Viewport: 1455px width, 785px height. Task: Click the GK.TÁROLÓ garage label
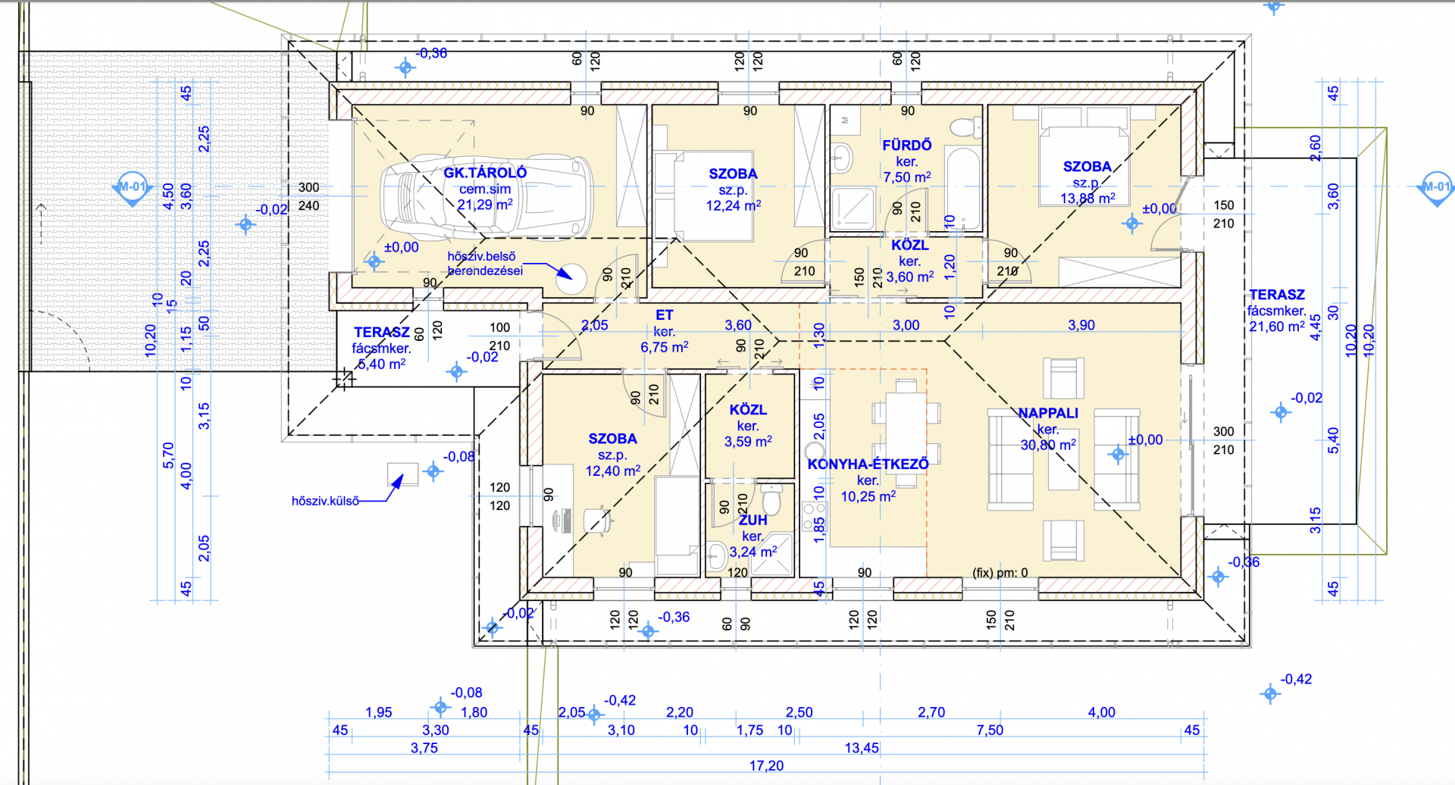pos(485,173)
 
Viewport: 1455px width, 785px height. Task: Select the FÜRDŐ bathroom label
pos(907,145)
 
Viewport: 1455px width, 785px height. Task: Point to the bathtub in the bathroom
pos(963,189)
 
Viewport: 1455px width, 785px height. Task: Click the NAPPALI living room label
pos(1048,413)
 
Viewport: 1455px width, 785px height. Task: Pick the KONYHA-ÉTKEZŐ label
pos(868,464)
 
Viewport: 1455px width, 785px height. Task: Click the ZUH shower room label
pos(753,520)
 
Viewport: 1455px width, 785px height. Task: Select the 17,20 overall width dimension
pos(766,765)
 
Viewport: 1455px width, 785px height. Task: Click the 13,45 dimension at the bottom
pos(862,748)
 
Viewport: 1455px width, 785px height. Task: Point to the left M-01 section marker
pos(132,187)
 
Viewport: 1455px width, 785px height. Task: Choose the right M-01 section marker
pos(1435,187)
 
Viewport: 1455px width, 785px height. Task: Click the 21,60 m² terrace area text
pos(1277,327)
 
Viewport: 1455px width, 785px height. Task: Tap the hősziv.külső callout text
pos(325,501)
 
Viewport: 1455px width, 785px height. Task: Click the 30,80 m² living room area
pos(1048,445)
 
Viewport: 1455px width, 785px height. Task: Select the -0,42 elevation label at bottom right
pos(1296,679)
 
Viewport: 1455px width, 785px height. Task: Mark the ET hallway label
pos(664,314)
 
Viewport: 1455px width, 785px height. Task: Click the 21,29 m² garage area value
pos(485,205)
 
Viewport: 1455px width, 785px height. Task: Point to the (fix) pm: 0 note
pos(1000,573)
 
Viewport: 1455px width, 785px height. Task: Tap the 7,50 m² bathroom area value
pos(907,177)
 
